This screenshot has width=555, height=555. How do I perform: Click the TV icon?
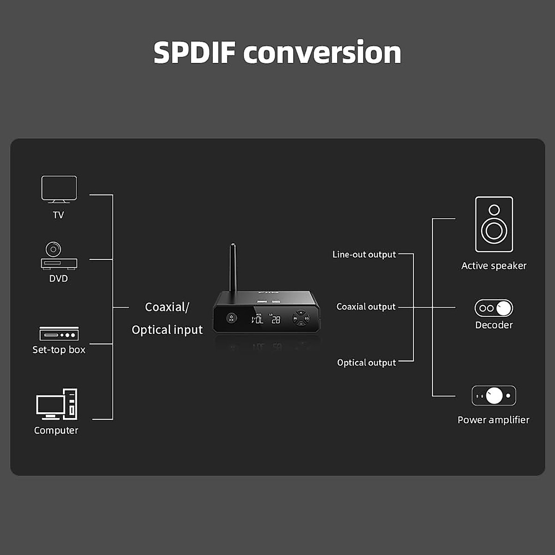point(59,189)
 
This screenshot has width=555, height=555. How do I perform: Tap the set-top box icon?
point(59,333)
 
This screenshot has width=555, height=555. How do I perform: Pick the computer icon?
point(57,404)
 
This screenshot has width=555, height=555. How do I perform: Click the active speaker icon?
point(494,224)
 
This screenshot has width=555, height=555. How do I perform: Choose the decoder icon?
point(494,308)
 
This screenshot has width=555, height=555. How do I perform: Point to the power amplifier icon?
point(494,395)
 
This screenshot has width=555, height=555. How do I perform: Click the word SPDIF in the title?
point(195,53)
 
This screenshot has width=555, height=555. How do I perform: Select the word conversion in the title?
point(322,53)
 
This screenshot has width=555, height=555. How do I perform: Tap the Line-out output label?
point(364,254)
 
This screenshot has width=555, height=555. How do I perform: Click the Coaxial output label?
point(366,307)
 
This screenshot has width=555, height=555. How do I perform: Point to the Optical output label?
point(366,363)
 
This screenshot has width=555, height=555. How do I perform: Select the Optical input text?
point(167,330)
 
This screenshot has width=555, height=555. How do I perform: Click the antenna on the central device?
point(233,268)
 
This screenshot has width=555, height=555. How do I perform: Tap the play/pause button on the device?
point(231,318)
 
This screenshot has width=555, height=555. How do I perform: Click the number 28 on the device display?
point(276,320)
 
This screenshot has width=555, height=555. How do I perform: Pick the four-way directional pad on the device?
point(301,318)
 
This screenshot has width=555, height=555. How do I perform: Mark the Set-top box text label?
point(59,350)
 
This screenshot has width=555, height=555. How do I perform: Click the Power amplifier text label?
point(493,420)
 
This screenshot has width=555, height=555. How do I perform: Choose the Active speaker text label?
point(494,266)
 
